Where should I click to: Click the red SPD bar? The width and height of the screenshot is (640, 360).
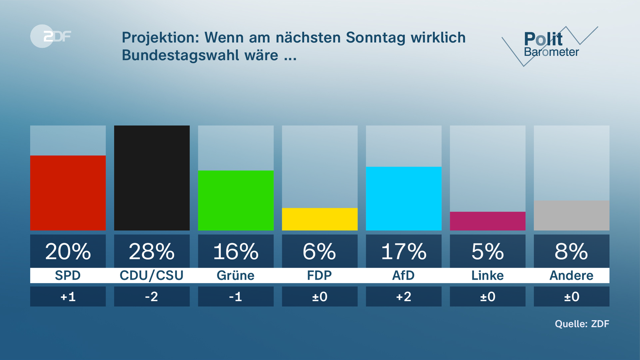click(x=68, y=193)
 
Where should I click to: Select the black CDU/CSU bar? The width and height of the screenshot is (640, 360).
click(x=152, y=178)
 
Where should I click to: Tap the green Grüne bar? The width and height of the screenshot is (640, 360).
click(x=236, y=200)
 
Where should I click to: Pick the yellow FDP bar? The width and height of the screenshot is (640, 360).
click(x=320, y=219)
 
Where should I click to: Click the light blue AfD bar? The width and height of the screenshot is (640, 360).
click(x=403, y=198)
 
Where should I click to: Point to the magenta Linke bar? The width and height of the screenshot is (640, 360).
click(x=487, y=221)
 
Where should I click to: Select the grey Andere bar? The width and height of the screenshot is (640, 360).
click(x=571, y=215)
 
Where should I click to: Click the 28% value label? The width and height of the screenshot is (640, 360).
click(x=152, y=251)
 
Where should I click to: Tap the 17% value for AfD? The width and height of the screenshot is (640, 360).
click(x=403, y=251)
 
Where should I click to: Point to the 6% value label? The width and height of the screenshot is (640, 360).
click(x=320, y=251)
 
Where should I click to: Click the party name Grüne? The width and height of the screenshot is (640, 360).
click(x=236, y=276)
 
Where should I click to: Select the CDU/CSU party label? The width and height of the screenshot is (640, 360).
click(x=152, y=276)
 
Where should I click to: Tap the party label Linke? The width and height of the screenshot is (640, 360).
click(x=487, y=276)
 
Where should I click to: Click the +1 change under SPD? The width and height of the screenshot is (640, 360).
click(x=68, y=297)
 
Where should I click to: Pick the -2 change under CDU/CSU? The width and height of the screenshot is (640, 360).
click(x=152, y=297)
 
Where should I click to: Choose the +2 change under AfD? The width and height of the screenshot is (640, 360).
click(x=403, y=297)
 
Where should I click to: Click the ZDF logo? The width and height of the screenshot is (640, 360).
click(x=51, y=36)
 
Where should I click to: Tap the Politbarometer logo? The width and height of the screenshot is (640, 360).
click(x=550, y=45)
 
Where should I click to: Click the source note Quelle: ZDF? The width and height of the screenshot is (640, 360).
click(x=582, y=324)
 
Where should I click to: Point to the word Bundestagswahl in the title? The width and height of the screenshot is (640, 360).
click(x=180, y=55)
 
